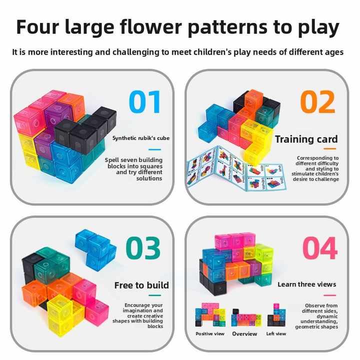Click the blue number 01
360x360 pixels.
point(145,102)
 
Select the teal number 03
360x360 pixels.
point(143,248)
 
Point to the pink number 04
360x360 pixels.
point(319,248)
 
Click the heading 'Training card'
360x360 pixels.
point(306,139)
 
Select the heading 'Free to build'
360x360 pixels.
point(141,285)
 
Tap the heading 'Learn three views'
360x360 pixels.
point(307,284)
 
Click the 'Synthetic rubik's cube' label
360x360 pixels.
point(140,138)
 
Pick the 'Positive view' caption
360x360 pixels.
point(210,333)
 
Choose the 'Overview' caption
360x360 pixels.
point(244,333)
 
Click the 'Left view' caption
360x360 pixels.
point(276,333)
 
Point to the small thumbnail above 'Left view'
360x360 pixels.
point(276,315)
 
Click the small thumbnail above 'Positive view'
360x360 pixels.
point(210,315)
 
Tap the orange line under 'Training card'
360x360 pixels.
point(329,148)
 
